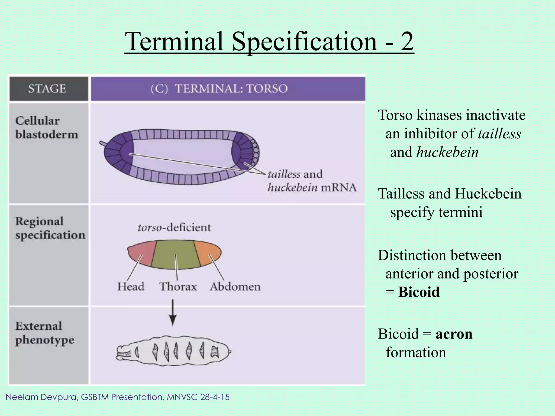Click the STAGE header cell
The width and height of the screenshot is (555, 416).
[47, 89]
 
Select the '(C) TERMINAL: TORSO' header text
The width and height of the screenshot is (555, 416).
[219, 89]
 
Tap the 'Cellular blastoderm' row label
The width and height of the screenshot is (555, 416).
[47, 128]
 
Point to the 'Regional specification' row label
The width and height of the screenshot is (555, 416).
[50, 228]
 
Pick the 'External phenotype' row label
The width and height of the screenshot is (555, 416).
[44, 333]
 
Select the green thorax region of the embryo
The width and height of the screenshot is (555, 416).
[175, 255]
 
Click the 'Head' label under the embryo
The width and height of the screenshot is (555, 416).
[131, 287]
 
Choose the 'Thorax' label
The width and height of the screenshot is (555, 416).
[178, 287]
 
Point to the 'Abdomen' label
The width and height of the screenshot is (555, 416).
[235, 287]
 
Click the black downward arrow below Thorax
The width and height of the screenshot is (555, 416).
[173, 313]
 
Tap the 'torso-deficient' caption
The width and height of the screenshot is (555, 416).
[174, 227]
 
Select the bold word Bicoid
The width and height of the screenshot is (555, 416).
[419, 292]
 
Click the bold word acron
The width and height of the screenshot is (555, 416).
[454, 334]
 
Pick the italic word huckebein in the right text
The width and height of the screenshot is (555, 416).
[448, 152]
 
